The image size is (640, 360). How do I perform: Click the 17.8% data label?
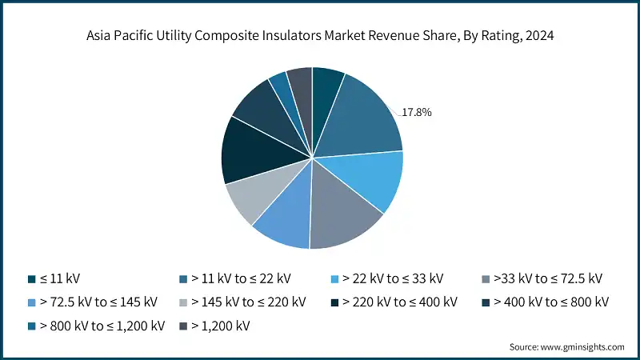416,113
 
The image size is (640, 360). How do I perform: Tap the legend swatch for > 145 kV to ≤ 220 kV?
184,302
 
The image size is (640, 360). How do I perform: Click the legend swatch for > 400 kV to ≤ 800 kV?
487,302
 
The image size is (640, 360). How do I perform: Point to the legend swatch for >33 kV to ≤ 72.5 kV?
487,279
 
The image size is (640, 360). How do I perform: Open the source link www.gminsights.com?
582,346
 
